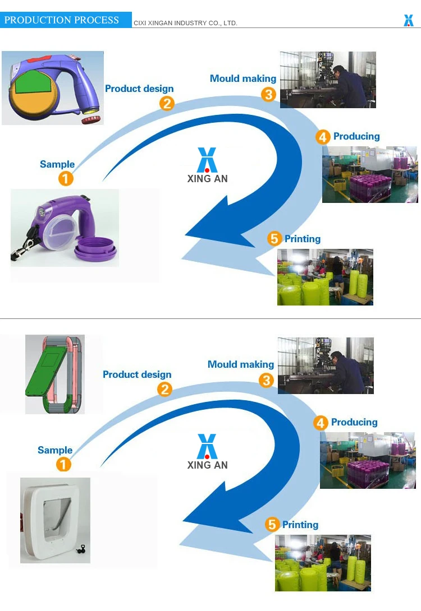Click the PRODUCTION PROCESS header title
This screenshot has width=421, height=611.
click(62, 20)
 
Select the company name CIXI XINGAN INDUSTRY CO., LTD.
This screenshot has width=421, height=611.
click(185, 23)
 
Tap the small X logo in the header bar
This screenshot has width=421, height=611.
click(409, 20)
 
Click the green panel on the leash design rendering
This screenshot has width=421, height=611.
click(33, 84)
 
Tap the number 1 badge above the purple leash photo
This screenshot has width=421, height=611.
click(66, 179)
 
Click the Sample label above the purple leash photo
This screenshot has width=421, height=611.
click(57, 164)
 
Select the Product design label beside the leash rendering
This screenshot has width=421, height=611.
click(139, 89)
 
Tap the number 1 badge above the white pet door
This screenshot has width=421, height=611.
click(64, 465)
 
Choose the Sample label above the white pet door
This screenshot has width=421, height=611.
click(55, 450)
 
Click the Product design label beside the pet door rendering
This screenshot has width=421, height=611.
click(137, 374)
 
